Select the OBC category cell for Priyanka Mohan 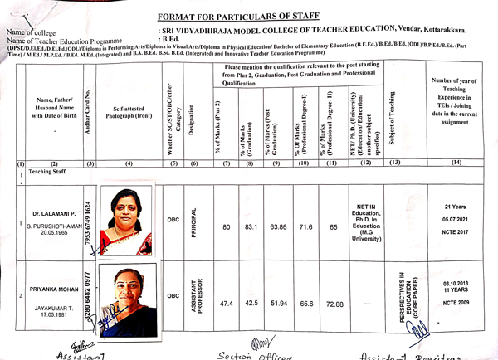[173, 294]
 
